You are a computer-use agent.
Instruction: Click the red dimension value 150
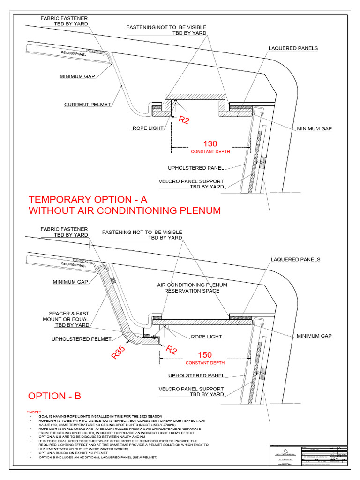coord(205,354)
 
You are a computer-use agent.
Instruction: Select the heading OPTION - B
coord(54,396)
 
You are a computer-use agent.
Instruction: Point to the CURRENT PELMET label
coord(88,104)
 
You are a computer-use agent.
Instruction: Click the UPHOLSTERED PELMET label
coord(81,338)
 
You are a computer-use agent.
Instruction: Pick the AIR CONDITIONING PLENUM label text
coord(192,285)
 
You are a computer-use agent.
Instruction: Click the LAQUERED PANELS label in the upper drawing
coord(293,48)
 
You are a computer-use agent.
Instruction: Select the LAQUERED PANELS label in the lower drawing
coord(295,259)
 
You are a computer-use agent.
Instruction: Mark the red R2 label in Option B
coord(171,350)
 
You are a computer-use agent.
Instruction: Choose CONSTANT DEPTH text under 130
coord(211,152)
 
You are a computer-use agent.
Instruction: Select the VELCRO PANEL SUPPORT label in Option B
coord(191,391)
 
